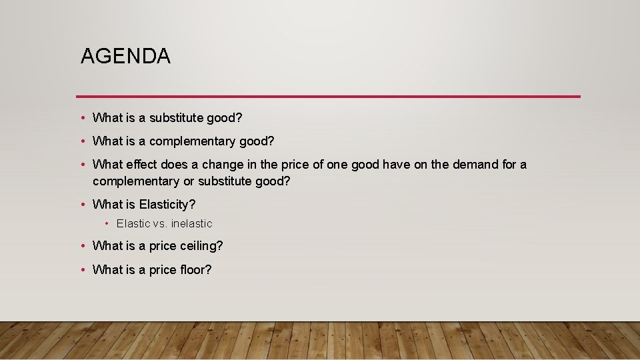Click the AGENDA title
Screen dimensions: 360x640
(x=125, y=56)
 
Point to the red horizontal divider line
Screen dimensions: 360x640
(x=328, y=97)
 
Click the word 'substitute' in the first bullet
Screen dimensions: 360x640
(x=176, y=118)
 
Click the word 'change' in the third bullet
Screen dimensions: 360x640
(x=222, y=164)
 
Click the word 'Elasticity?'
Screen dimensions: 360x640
(x=167, y=204)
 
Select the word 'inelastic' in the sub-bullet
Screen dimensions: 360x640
(x=192, y=223)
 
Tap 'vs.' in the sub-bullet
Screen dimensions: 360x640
(x=161, y=223)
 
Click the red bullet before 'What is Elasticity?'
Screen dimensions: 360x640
(x=81, y=204)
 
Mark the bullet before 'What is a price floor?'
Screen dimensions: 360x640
(x=81, y=269)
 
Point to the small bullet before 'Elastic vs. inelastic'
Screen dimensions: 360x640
(x=107, y=223)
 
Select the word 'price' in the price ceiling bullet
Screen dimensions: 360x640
(x=163, y=245)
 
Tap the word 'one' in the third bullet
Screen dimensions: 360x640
(x=337, y=164)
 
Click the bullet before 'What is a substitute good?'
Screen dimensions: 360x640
(x=81, y=118)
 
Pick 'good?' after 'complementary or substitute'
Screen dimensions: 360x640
(x=273, y=181)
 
